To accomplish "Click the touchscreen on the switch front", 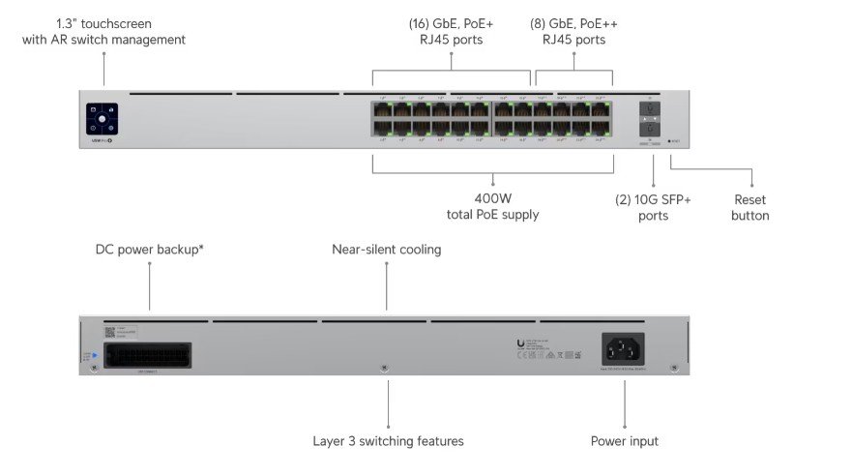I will tap(102, 119).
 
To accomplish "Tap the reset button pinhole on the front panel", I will tap(669, 140).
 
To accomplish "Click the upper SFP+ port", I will tap(650, 110).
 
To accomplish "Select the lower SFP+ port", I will tap(650, 128).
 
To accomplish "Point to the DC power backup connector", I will tap(151, 354).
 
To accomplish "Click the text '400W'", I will tap(492, 196).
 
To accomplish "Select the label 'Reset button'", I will tap(749, 206).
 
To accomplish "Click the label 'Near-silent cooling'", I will tap(386, 250).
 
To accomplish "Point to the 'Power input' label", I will tap(624, 441).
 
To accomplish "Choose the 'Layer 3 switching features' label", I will tap(388, 441).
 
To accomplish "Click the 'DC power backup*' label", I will tap(149, 250).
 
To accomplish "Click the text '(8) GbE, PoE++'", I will tap(573, 23).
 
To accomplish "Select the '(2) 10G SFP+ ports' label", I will tap(653, 206).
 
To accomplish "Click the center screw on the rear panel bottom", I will tap(385, 369).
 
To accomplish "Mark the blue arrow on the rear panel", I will tap(93, 354).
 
